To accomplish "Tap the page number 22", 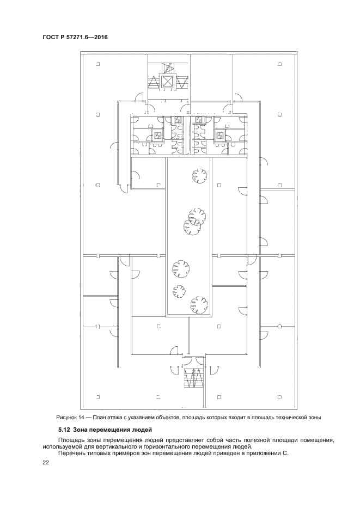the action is tap(45, 463).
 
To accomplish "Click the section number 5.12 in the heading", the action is tap(64, 431).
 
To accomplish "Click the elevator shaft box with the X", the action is tap(167, 81).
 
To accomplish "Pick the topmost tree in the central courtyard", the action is tap(199, 175).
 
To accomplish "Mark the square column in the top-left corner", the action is tap(97, 64).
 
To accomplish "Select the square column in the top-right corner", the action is tap(279, 64).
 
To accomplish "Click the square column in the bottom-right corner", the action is tap(279, 397).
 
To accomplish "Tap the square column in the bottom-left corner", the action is tap(97, 397).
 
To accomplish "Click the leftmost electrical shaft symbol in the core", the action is tap(157, 134).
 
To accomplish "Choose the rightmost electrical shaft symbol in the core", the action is tap(219, 134).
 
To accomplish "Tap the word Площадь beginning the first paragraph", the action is tap(70, 440).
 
